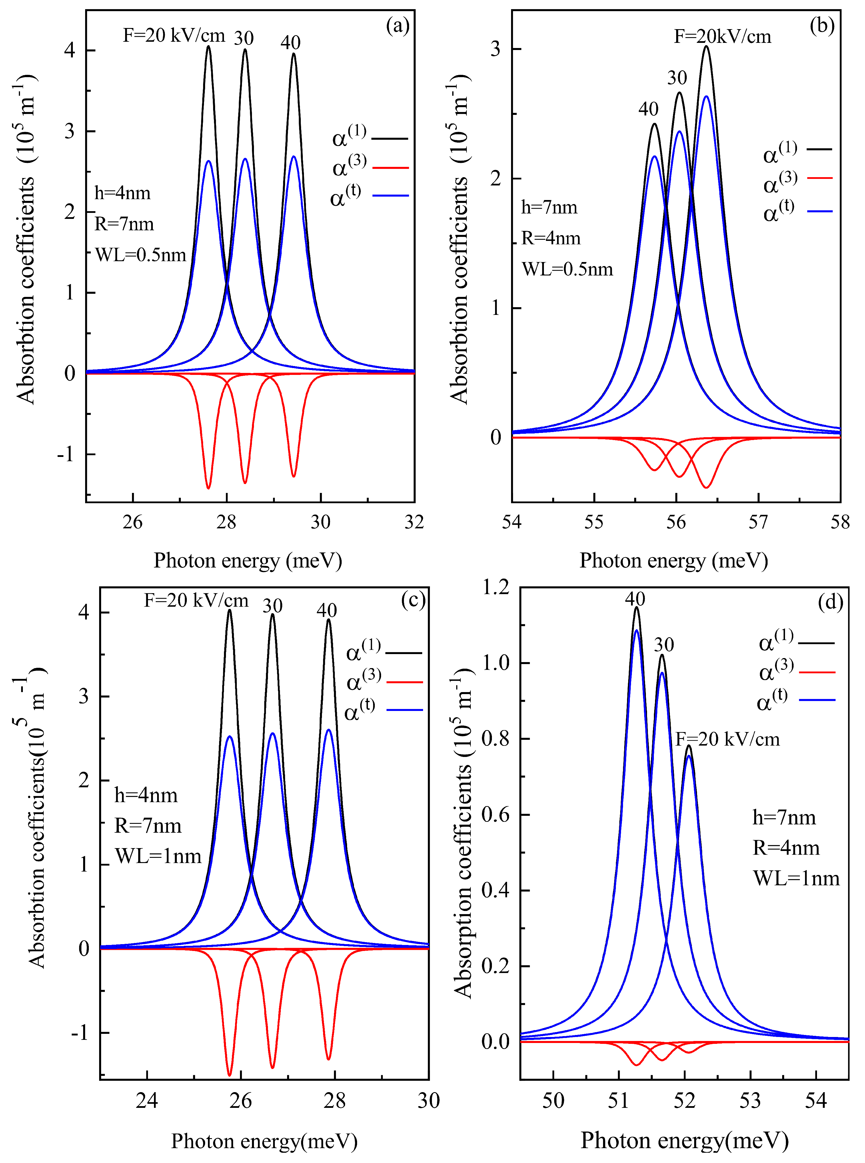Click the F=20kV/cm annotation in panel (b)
[722, 37]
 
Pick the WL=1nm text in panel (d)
[796, 878]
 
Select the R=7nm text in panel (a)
[124, 224]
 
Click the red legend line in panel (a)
[390, 167]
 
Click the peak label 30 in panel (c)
[272, 606]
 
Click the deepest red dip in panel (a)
[209, 487]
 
